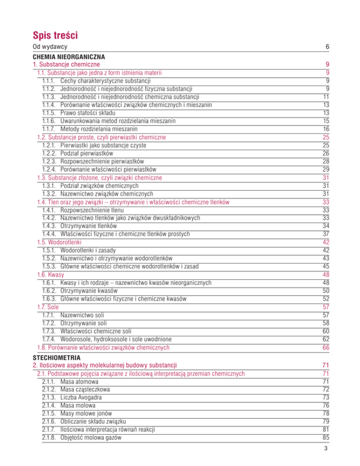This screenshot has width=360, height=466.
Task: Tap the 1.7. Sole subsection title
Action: click(x=42, y=307)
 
